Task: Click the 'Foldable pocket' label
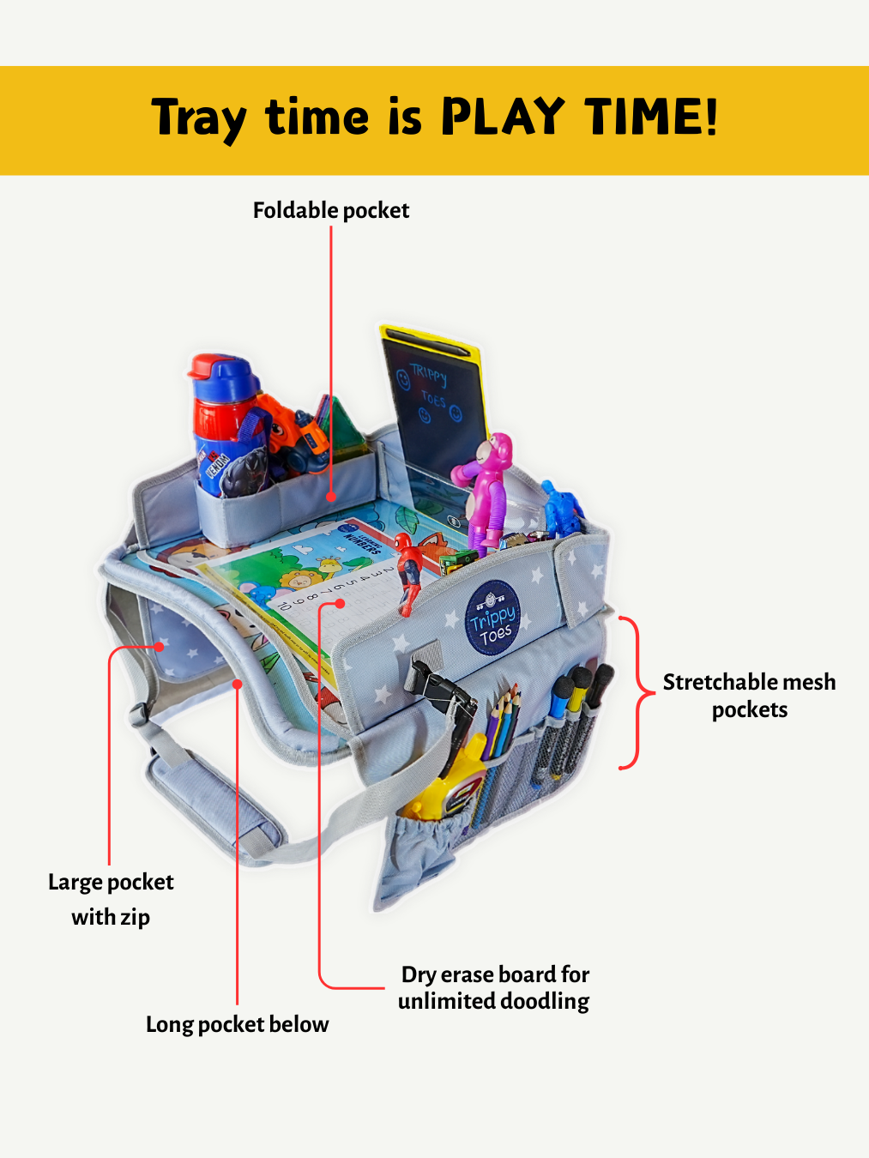330,210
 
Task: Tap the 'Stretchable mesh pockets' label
749,696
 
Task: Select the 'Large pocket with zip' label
111,899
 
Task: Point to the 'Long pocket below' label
237,1024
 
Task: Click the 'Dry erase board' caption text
494,987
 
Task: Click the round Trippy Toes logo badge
492,618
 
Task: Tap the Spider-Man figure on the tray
410,570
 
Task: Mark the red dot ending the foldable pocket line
331,496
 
